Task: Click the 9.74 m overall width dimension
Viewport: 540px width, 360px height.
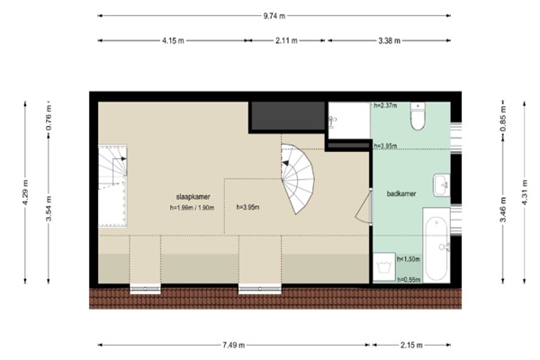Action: (x=274, y=16)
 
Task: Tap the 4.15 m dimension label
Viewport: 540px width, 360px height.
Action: (x=173, y=40)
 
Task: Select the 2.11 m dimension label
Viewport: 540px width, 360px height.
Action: (x=286, y=40)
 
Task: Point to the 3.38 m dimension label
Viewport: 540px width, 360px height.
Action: (x=390, y=40)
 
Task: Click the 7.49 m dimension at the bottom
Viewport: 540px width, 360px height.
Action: (x=234, y=345)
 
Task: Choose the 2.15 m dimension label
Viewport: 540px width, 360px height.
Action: (x=411, y=345)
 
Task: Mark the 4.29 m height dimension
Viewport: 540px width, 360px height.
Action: (x=25, y=193)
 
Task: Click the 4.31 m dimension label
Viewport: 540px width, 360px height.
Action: (x=525, y=193)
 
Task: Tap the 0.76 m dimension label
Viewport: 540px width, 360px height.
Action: (x=49, y=117)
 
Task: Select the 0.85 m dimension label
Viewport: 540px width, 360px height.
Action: (x=503, y=119)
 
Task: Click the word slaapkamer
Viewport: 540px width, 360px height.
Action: (x=193, y=197)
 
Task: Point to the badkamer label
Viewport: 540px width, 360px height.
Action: (x=401, y=193)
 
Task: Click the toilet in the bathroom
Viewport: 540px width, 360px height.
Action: (x=418, y=116)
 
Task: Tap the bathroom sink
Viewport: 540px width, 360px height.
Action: (x=442, y=185)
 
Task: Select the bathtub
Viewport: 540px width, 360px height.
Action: (x=436, y=245)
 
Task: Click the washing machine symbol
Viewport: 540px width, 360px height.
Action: (x=384, y=267)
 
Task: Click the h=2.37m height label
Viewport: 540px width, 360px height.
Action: (x=385, y=105)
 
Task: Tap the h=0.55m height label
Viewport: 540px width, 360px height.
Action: (x=409, y=279)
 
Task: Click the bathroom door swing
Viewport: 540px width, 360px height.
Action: (x=364, y=207)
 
